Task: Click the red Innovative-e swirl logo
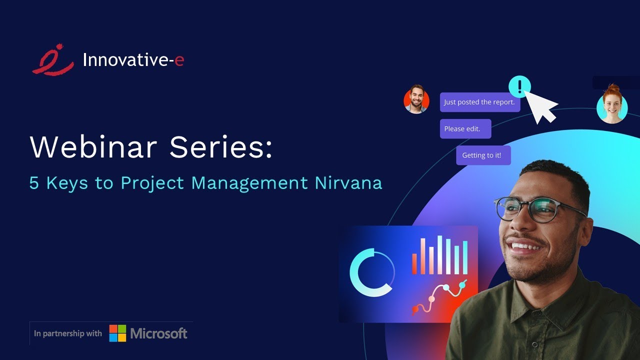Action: click(52, 60)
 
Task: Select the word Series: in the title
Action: click(221, 146)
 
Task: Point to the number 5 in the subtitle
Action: click(34, 183)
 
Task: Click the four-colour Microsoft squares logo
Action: click(118, 333)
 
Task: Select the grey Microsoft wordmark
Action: click(159, 333)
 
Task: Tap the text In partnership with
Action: click(67, 333)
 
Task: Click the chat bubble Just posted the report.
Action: click(479, 102)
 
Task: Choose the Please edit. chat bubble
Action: click(465, 128)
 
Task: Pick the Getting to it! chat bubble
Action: click(483, 155)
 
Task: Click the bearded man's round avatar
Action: click(416, 99)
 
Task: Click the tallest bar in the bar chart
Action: click(440, 255)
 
